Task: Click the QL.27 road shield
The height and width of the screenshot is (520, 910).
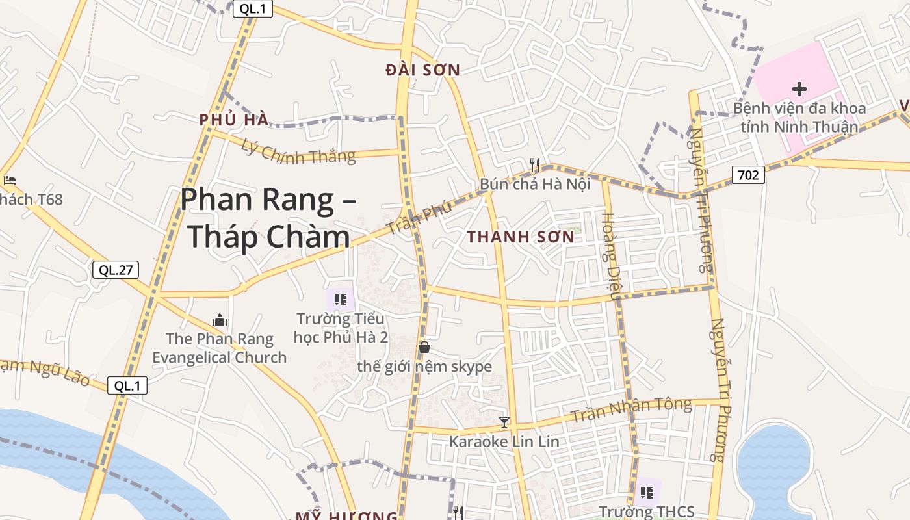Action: click(x=116, y=270)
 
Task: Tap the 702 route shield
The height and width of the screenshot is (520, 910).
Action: click(x=748, y=174)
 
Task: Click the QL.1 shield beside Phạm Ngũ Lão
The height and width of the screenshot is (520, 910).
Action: click(x=127, y=385)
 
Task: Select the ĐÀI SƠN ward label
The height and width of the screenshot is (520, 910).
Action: click(x=422, y=70)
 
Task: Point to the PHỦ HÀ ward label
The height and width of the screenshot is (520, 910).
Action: click(x=234, y=120)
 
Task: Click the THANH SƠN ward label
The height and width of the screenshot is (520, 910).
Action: click(x=521, y=237)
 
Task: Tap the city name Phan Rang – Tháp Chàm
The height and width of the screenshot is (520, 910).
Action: click(x=268, y=218)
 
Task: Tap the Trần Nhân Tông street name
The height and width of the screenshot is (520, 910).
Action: click(x=631, y=408)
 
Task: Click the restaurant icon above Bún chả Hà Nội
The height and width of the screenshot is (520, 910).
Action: click(x=535, y=164)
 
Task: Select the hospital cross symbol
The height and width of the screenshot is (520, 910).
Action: click(x=799, y=88)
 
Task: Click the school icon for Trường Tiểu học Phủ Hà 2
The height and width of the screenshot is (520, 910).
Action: click(x=340, y=299)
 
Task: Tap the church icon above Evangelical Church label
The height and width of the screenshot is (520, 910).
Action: click(x=220, y=320)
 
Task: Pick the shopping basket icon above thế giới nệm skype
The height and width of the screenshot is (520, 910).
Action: click(x=424, y=347)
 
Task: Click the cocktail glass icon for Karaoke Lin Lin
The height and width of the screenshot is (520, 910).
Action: click(x=504, y=422)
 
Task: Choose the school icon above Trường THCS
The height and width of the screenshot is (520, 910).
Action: click(x=647, y=492)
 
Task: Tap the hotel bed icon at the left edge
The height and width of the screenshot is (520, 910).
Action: click(x=9, y=180)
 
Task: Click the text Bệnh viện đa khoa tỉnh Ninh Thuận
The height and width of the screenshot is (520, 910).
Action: click(x=799, y=117)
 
